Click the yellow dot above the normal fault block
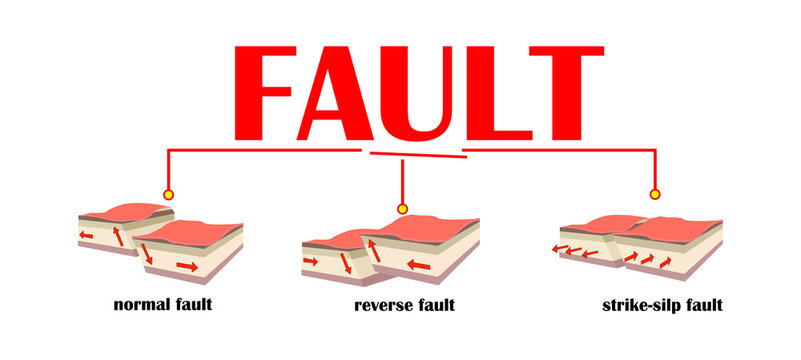(x=168, y=194)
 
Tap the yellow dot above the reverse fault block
(x=402, y=209)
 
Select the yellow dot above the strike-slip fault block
(x=656, y=194)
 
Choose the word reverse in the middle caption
(x=380, y=304)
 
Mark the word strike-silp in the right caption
(x=637, y=304)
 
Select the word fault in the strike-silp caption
(x=701, y=304)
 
